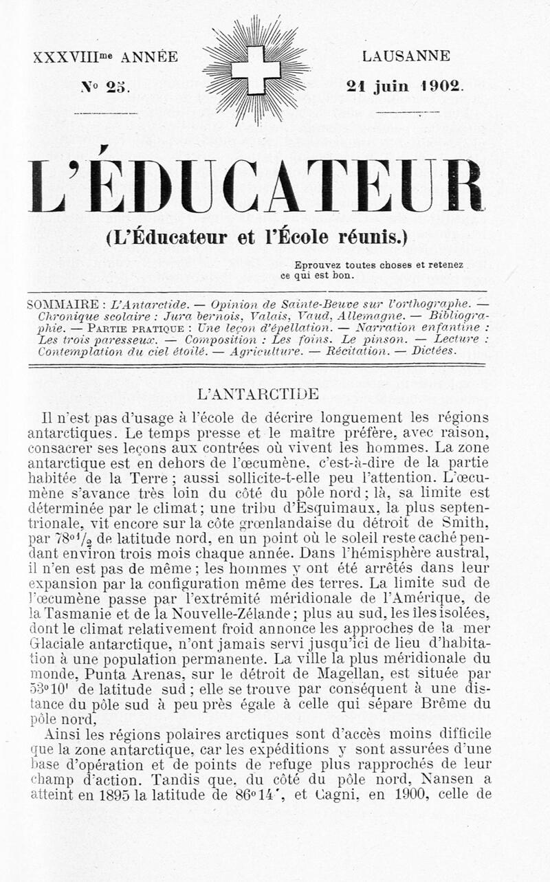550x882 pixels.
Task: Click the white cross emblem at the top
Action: click(256, 70)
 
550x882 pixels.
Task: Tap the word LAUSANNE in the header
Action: click(407, 56)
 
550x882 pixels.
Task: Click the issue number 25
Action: click(118, 87)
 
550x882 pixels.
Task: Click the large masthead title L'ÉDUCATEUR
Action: click(256, 187)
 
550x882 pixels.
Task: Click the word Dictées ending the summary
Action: click(434, 351)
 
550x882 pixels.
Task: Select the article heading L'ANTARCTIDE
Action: click(258, 395)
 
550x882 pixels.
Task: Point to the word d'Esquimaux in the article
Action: click(287, 509)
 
